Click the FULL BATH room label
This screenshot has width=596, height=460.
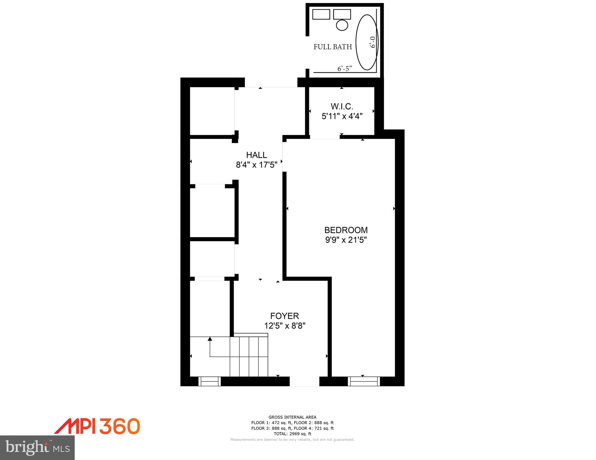333,47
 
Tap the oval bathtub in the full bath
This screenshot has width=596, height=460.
367,42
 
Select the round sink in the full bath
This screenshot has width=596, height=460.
342,25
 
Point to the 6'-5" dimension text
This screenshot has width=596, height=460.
345,69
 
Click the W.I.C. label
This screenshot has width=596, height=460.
342,106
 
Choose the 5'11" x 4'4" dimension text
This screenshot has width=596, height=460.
342,116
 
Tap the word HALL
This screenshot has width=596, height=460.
256,155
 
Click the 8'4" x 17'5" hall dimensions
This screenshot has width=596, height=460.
256,165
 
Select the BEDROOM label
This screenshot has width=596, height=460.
346,230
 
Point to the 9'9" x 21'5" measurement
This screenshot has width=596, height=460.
346,240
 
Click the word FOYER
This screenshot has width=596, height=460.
284,316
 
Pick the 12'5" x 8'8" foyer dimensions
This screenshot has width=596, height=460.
285,326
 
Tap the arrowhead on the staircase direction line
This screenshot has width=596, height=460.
210,339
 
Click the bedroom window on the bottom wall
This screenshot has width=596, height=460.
364,381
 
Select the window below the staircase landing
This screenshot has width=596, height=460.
209,381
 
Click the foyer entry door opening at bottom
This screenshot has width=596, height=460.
304,381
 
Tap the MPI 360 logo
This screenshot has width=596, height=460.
97,426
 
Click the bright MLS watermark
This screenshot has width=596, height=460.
37,447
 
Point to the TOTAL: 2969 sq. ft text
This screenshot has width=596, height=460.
292,434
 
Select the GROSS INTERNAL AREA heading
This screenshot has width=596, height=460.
292,417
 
